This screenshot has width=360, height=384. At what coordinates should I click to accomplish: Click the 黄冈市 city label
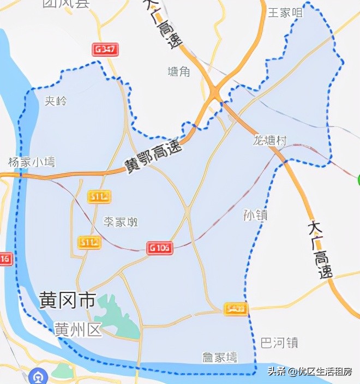tap(68, 300)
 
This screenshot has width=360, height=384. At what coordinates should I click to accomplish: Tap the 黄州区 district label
tap(79, 329)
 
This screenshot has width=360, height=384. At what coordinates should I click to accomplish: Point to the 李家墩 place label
tap(121, 221)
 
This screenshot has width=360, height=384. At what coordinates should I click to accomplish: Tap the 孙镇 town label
tap(255, 215)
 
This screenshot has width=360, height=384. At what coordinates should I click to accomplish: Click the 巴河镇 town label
tap(279, 343)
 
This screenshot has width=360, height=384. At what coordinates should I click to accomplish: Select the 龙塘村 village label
tap(269, 140)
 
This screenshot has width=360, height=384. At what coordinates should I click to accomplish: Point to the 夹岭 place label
tap(56, 101)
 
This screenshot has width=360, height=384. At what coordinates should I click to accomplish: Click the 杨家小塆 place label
tap(32, 162)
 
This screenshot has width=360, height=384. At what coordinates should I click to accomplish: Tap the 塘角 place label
tap(178, 71)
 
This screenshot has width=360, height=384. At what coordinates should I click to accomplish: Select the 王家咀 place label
tap(285, 13)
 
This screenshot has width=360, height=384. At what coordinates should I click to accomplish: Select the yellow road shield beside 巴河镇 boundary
tap(236, 309)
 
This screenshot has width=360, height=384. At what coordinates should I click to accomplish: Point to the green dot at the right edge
tap(357, 181)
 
